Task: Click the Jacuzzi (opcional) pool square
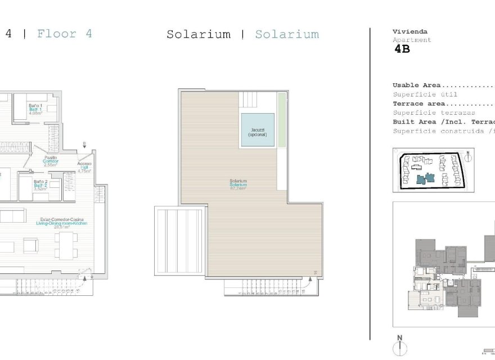258,130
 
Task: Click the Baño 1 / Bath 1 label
36,107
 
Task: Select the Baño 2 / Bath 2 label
40,185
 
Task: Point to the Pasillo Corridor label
50,161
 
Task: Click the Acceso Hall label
84,167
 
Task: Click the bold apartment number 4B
402,49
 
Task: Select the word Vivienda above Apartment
410,32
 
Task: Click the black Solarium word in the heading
199,34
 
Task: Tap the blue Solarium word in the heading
287,34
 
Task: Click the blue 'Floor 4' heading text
64,33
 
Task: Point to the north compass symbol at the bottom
400,345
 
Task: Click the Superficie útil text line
425,94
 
